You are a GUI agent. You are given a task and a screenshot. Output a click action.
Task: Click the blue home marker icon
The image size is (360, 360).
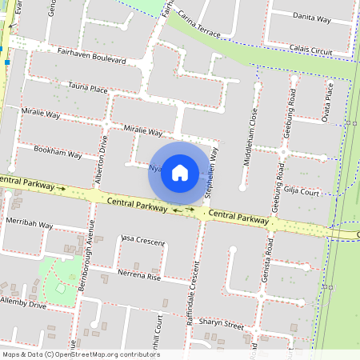[x=180, y=173]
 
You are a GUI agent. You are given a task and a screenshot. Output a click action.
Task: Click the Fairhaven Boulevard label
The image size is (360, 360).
[x=92, y=55]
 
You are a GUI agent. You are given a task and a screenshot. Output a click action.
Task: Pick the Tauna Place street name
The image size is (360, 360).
[x=88, y=89]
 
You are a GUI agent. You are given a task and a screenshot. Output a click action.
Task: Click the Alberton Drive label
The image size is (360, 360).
[x=100, y=159]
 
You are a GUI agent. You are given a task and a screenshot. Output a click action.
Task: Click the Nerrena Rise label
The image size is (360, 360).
[x=140, y=277]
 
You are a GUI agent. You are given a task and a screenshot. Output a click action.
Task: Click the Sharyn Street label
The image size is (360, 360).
[x=222, y=325]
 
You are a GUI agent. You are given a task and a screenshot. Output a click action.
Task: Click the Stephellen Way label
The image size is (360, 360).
[x=211, y=171]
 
